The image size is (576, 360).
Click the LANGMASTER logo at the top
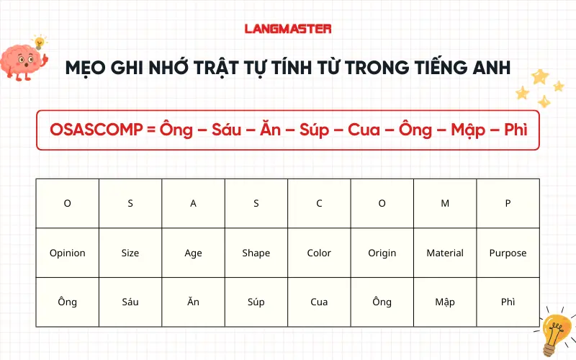coord(288,29)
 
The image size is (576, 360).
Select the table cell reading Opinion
coord(68,253)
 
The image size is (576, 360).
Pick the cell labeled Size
coord(130,253)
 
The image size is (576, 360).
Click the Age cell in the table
coord(193,253)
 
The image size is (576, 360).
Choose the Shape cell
coord(256,253)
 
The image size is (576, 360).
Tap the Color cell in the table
coord(319,253)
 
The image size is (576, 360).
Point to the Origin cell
coord(382,253)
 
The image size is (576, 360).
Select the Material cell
coord(445,253)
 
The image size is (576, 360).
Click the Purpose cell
coord(508,253)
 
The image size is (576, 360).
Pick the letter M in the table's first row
coord(445,204)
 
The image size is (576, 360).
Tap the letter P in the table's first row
coord(508,204)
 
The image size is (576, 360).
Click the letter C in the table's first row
coord(319,204)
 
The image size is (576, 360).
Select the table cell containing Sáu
coord(130,302)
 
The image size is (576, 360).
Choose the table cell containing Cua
coord(319,302)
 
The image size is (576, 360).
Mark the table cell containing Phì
coord(508,302)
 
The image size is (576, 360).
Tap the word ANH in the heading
coord(490,68)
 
